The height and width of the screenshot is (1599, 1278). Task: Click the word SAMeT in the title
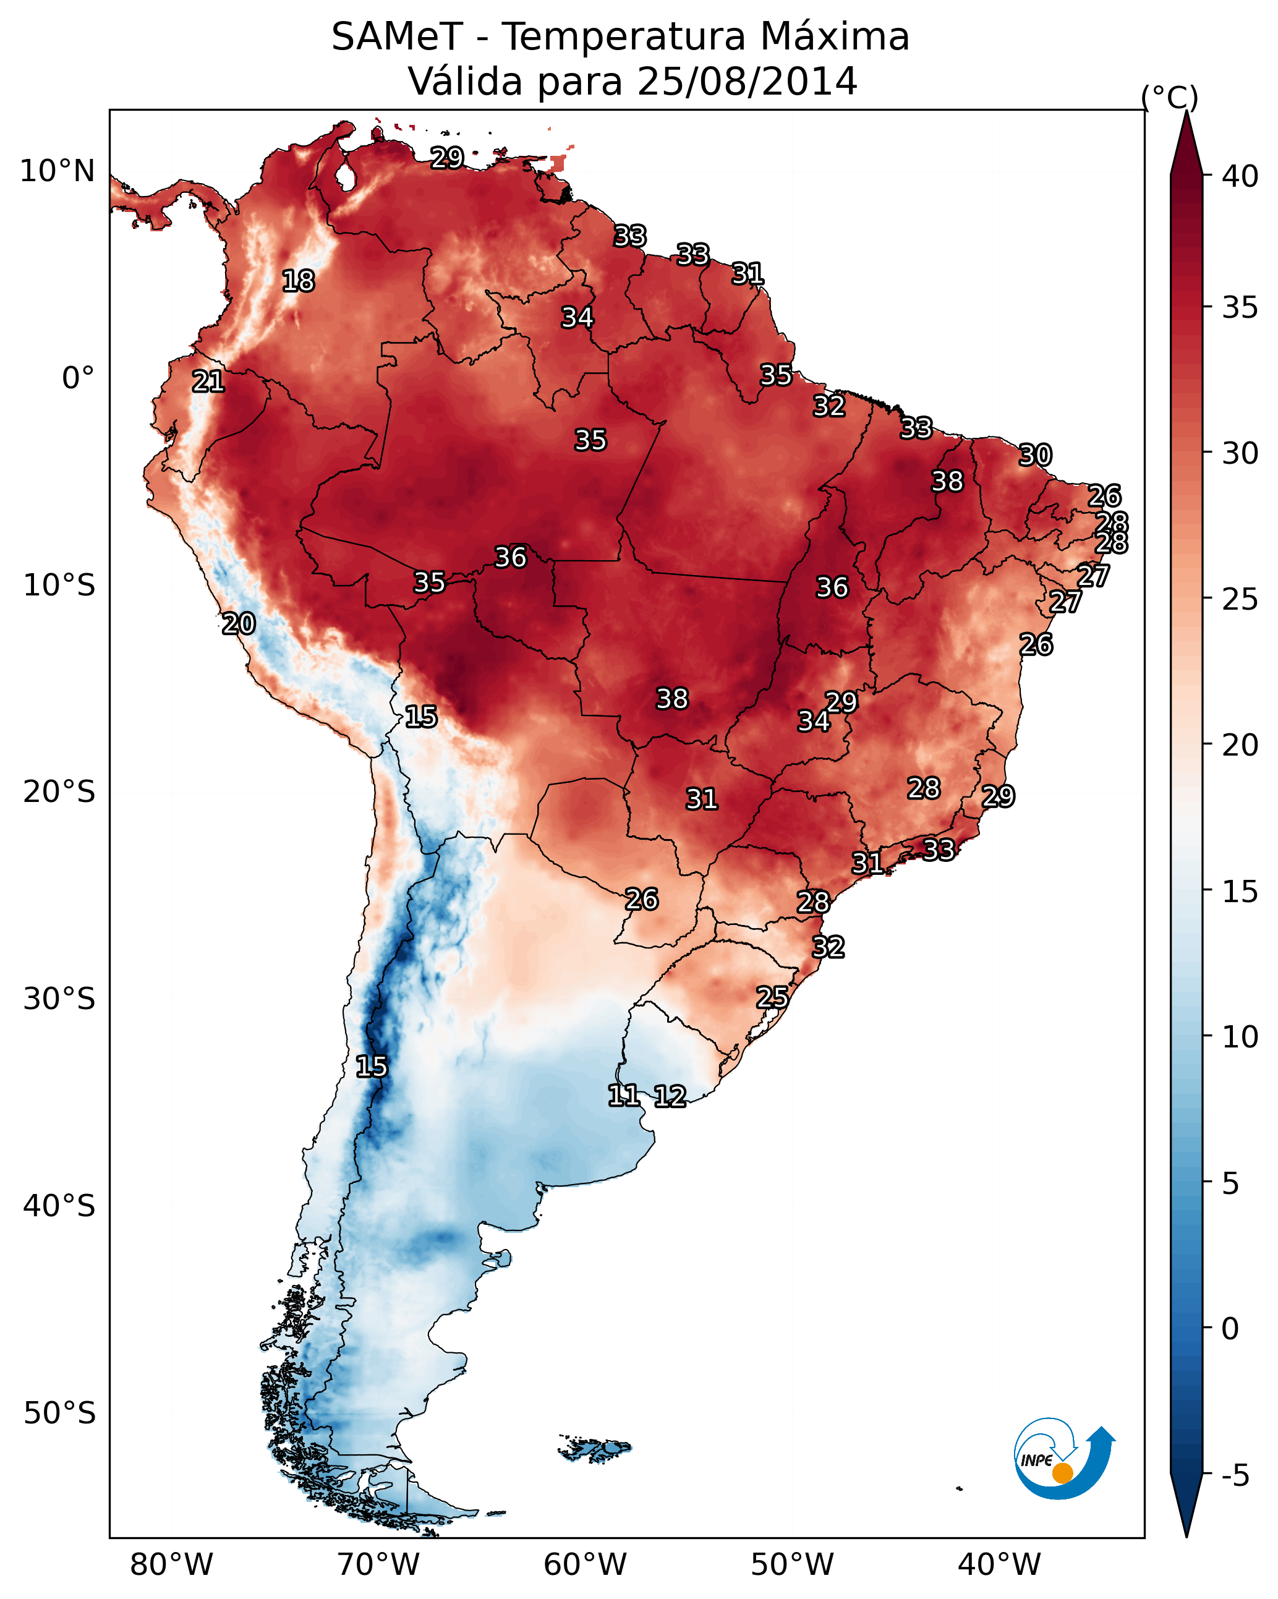tap(397, 37)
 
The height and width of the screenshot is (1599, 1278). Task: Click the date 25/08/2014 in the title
tap(746, 82)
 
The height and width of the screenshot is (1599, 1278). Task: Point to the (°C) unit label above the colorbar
tap(1170, 97)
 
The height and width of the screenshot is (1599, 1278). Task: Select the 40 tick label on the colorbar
tap(1240, 176)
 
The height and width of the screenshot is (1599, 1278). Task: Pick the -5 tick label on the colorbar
tap(1235, 1476)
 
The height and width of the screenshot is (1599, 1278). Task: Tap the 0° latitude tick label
tap(78, 378)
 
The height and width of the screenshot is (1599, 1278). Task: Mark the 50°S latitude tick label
tap(59, 1414)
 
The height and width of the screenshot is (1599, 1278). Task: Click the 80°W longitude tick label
tap(171, 1565)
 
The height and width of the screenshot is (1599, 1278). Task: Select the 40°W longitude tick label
tap(999, 1565)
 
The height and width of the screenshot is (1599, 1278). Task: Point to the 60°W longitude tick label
tap(586, 1565)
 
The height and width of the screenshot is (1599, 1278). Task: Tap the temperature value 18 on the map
tap(298, 281)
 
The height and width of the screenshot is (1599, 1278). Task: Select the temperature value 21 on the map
tap(208, 382)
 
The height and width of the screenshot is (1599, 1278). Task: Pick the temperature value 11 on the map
tap(623, 1096)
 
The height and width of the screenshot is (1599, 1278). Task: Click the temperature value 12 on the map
tap(670, 1096)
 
